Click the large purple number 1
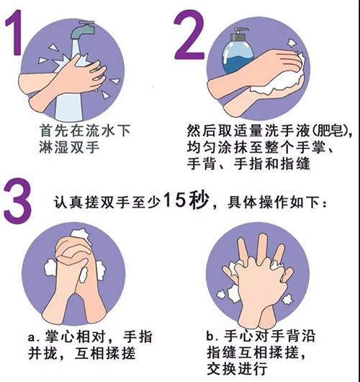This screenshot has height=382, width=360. pyautogui.click(x=15, y=33)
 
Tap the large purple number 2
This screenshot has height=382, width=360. pyautogui.click(x=189, y=35)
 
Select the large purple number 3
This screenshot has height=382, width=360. pyautogui.click(x=17, y=200)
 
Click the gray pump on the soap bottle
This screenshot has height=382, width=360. pyautogui.click(x=240, y=34)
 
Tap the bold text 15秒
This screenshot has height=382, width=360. pyautogui.click(x=186, y=200)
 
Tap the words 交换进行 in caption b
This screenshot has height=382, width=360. pyautogui.click(x=237, y=369)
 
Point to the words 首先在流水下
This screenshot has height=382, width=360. pyautogui.click(x=84, y=131)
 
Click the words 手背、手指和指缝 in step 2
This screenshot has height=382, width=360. pyautogui.click(x=248, y=164)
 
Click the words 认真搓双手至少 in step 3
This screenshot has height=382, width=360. pyautogui.click(x=107, y=202)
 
